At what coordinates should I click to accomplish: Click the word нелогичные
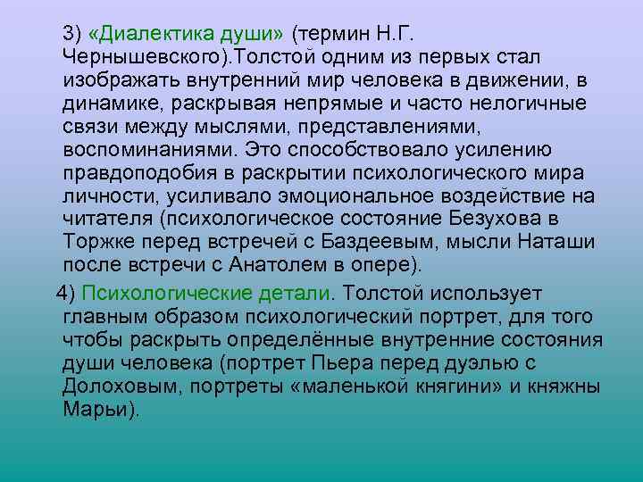click(533, 104)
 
